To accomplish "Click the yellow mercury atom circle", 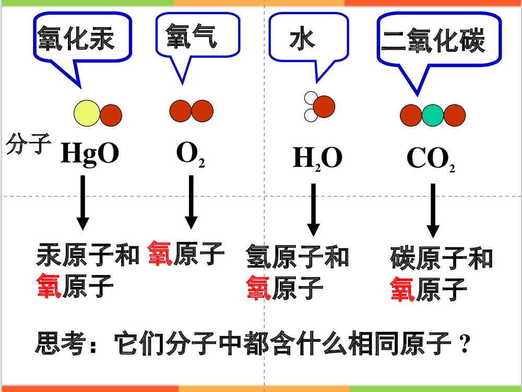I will click(86, 114).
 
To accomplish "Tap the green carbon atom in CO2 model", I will click(432, 116).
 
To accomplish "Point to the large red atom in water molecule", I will click(324, 106).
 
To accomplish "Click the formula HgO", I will click(90, 154).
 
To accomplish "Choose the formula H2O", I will click(317, 158).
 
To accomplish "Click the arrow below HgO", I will click(82, 203).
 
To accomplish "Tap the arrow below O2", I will click(191, 202).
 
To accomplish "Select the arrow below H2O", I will click(313, 209).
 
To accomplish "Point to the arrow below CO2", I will click(433, 210).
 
